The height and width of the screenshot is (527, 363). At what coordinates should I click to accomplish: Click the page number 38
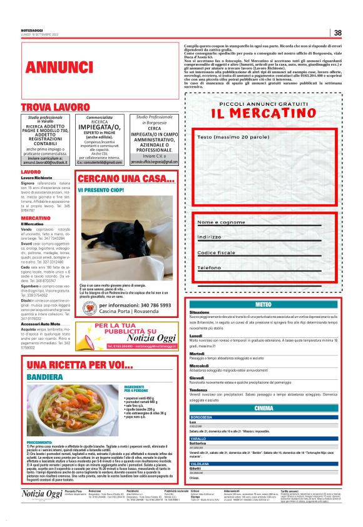coord(337,33)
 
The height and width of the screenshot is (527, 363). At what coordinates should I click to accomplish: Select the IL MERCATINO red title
coord(263,113)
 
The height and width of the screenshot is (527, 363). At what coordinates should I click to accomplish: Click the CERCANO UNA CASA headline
coord(126,179)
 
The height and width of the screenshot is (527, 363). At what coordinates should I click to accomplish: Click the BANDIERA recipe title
coord(44,377)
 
